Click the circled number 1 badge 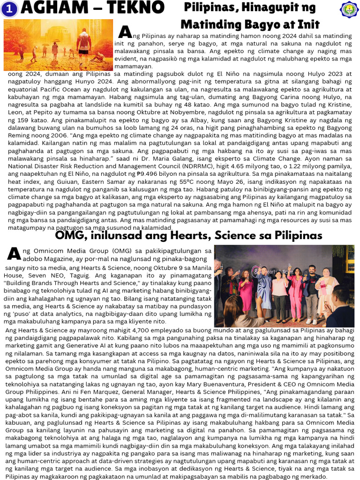pos(9,9)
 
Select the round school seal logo pos(349,10)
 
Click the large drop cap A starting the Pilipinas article pos(125,32)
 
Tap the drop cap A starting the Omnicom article pos(14,254)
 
